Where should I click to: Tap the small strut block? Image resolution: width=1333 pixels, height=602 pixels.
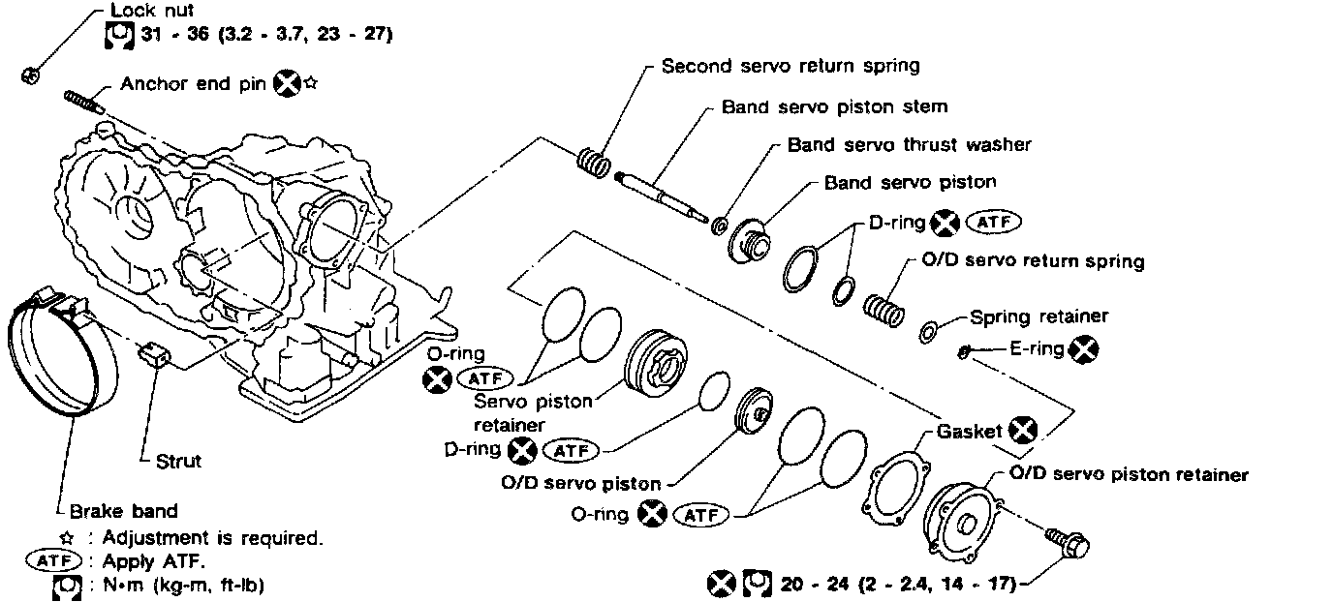(154, 355)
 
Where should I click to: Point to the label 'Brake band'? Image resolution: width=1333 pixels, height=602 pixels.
(124, 511)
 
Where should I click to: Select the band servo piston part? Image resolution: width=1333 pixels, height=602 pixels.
(749, 239)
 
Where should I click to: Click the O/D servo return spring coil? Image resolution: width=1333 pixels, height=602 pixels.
(883, 309)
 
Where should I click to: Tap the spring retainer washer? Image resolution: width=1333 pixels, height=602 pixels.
(927, 332)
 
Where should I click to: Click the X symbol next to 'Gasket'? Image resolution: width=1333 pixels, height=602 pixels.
(1023, 431)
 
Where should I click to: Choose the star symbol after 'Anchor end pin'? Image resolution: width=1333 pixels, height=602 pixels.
(311, 84)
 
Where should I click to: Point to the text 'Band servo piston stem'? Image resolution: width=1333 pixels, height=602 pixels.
(834, 106)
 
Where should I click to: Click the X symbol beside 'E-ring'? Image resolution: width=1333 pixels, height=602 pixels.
(1084, 349)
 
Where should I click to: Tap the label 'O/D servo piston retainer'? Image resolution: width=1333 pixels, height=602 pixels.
(1129, 474)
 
